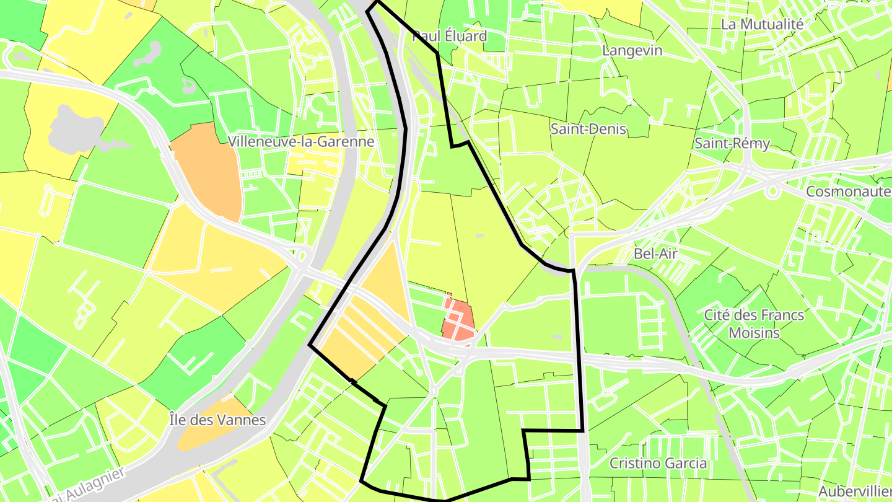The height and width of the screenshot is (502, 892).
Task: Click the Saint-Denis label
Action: (588, 129)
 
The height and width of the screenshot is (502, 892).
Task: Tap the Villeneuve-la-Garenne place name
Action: (301, 141)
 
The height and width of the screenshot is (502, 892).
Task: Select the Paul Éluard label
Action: (450, 36)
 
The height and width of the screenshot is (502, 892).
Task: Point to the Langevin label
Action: (632, 51)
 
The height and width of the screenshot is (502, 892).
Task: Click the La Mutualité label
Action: (762, 24)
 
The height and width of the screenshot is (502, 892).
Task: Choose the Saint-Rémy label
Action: (732, 144)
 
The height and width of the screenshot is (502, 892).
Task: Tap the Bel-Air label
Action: (655, 253)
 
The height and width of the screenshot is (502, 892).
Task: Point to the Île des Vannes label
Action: (217, 420)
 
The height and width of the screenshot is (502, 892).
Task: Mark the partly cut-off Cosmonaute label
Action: (848, 192)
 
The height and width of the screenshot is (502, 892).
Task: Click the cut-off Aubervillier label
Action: (855, 490)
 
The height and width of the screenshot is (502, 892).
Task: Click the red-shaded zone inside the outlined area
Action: (458, 319)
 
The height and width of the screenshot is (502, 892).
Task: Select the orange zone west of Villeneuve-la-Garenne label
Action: (206, 170)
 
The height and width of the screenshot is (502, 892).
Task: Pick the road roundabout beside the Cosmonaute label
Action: (772, 192)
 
